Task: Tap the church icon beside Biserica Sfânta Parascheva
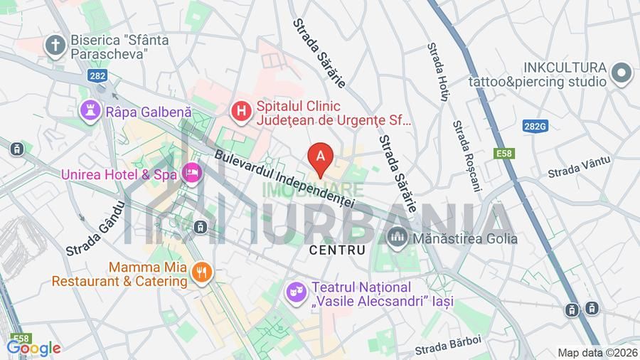pyautogui.click(x=55, y=45)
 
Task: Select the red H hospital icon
pyautogui.click(x=242, y=111)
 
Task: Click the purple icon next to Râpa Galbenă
pyautogui.click(x=90, y=111)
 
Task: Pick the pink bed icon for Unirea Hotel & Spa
pyautogui.click(x=191, y=172)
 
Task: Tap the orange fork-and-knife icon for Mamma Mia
pyautogui.click(x=203, y=272)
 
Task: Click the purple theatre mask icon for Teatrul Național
pyautogui.click(x=296, y=292)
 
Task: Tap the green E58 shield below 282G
pyautogui.click(x=505, y=153)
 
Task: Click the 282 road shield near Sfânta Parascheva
pyautogui.click(x=98, y=74)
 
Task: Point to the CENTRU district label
pyautogui.click(x=338, y=250)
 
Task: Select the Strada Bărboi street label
pyautogui.click(x=449, y=345)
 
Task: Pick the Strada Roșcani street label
pyautogui.click(x=467, y=155)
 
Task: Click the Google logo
pyautogui.click(x=33, y=348)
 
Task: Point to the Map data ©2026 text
pyautogui.click(x=597, y=353)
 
